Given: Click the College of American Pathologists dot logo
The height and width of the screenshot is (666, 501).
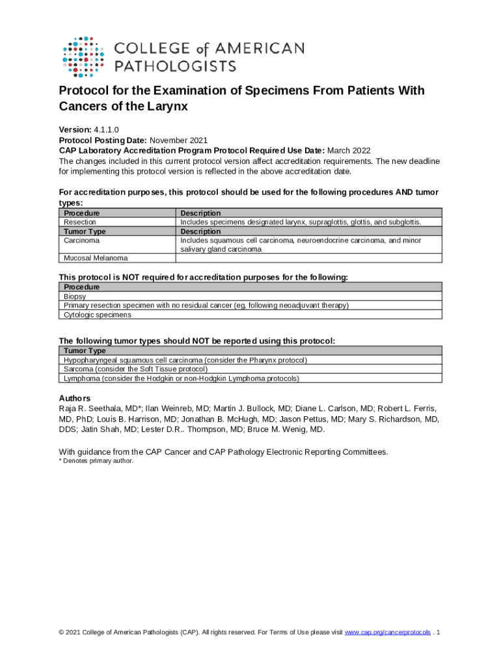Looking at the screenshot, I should coord(83,57).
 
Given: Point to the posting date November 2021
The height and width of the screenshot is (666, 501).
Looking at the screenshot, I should coord(179,140).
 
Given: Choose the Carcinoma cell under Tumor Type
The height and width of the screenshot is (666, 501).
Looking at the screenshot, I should coord(82,240).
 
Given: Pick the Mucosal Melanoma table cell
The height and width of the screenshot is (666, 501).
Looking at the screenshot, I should coord(96,258).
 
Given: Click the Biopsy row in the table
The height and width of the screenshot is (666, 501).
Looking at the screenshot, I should coord(75,296).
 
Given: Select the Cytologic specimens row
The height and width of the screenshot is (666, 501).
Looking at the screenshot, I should coord(98,315).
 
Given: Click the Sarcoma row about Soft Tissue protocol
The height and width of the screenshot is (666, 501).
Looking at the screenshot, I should coord(136,369).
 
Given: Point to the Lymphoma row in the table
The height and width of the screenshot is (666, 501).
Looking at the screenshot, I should coord(181,378).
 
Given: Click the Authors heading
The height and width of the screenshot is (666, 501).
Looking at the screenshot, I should coord(75,398).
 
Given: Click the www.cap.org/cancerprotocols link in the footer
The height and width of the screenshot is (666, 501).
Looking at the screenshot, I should coord(387,632).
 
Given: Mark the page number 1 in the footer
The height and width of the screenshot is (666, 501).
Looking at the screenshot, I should coord(440,632).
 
